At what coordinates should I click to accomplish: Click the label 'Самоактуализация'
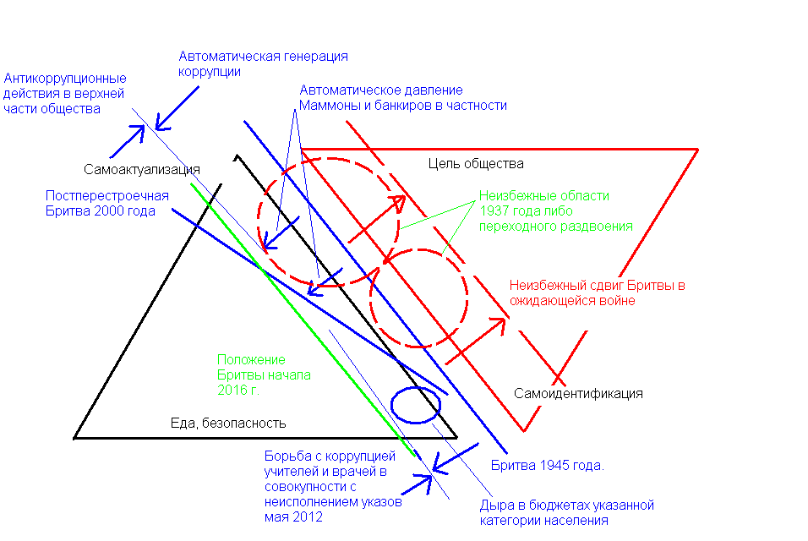(x=141, y=168)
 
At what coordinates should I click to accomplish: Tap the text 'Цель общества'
(x=476, y=163)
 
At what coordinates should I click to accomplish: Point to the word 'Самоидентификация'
(x=579, y=394)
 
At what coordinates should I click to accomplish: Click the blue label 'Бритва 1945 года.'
(x=548, y=466)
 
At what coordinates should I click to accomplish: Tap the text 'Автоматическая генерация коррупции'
(x=263, y=64)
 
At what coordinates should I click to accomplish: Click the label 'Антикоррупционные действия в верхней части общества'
(x=65, y=94)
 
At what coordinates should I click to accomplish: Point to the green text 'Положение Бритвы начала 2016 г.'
(x=264, y=375)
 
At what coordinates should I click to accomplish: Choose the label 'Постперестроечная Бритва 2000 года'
(x=107, y=204)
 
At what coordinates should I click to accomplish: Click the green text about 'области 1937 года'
(x=554, y=210)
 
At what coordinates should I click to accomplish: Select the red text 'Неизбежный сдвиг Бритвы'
(x=597, y=293)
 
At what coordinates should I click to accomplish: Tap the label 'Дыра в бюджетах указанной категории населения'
(x=567, y=513)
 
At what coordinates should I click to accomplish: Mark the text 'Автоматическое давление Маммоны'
(x=402, y=98)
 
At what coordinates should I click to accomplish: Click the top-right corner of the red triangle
(x=697, y=150)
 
